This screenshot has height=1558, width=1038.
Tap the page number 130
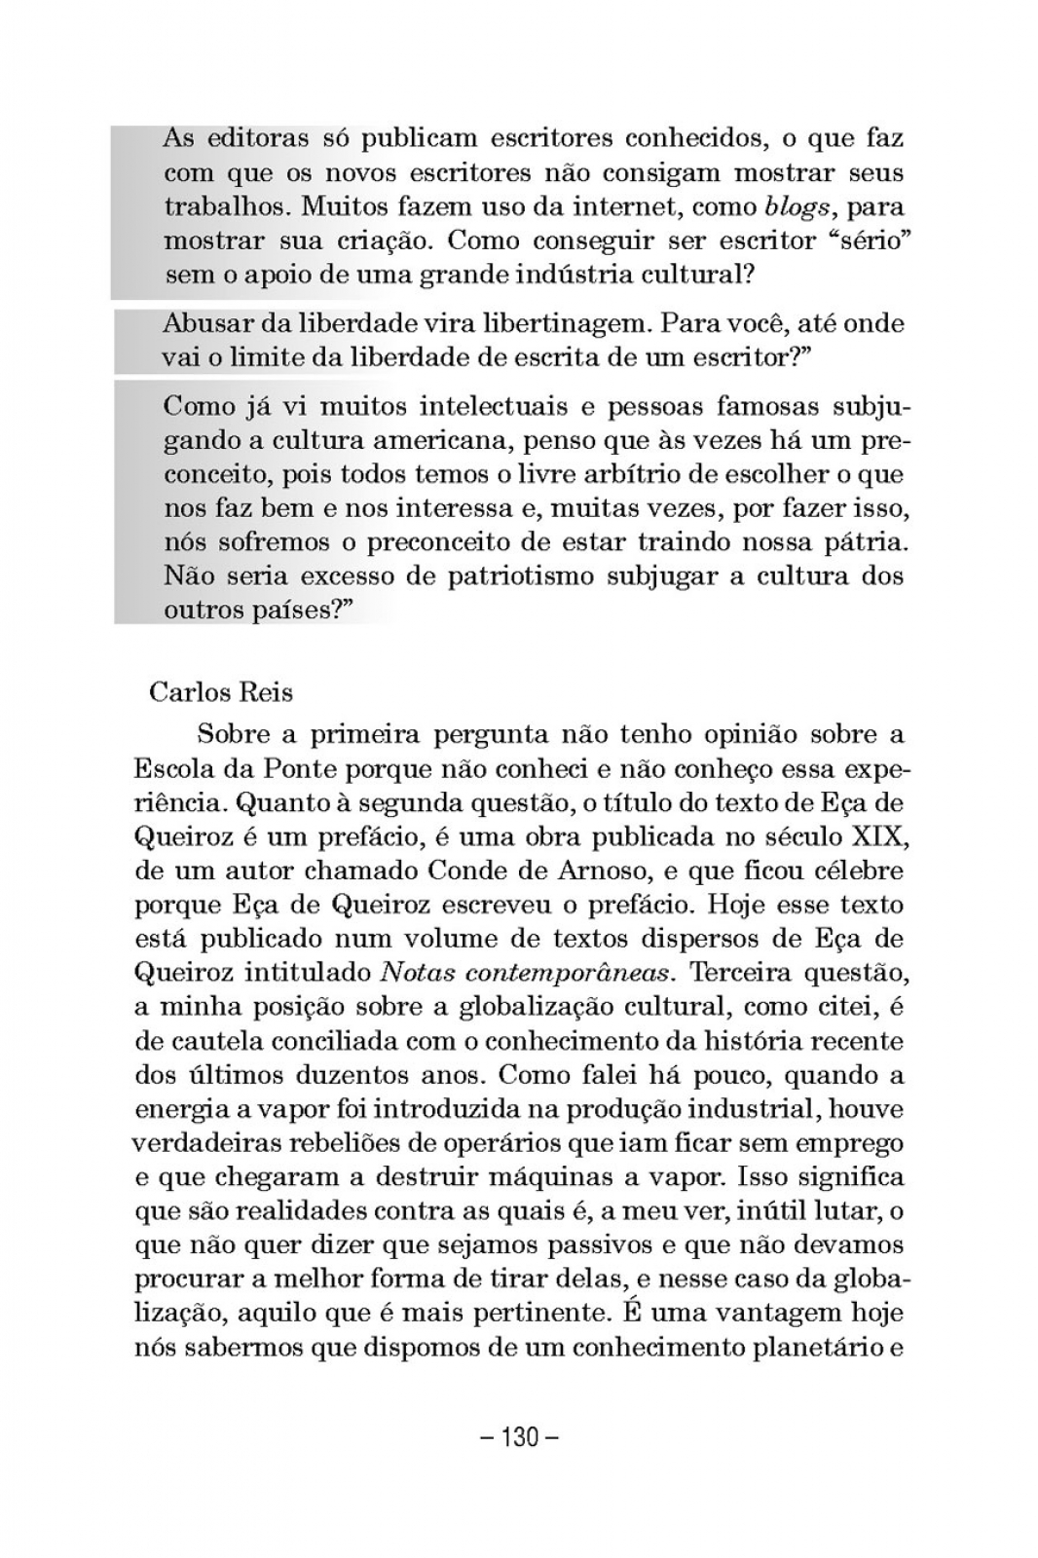point(519,1437)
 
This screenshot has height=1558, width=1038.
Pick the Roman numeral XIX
point(877,836)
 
